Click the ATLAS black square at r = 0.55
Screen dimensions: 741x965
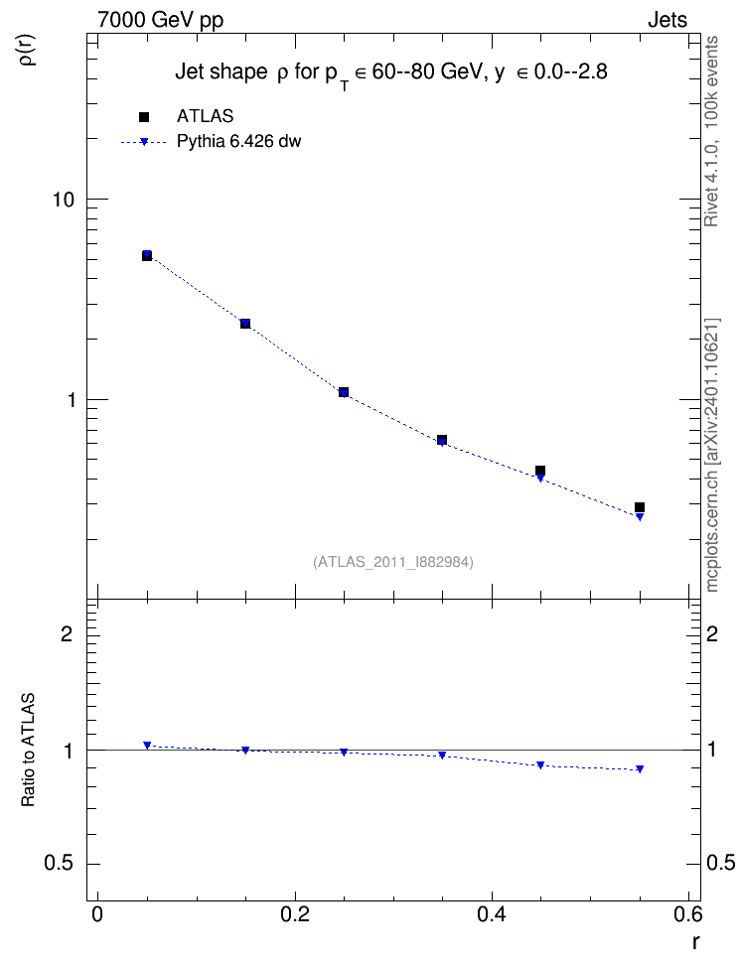[x=640, y=507]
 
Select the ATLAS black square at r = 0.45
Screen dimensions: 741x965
[x=540, y=471]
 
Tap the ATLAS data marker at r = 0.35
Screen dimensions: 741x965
[x=442, y=440]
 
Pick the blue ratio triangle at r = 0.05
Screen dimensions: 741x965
[x=147, y=746]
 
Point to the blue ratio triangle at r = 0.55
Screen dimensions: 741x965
[x=640, y=768]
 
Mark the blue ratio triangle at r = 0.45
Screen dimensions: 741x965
[x=540, y=765]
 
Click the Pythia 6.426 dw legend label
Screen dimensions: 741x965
[x=239, y=142]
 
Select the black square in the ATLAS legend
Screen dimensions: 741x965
[x=144, y=117]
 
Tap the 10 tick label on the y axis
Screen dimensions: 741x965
[x=63, y=200]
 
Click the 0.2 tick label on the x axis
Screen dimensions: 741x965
[x=294, y=914]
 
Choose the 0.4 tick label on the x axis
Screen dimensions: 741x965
[x=492, y=914]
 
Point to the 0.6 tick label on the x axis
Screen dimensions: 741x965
[x=688, y=914]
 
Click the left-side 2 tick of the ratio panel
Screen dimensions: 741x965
[x=67, y=633]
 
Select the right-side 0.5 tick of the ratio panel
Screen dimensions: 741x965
[x=721, y=863]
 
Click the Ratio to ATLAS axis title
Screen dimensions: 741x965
[x=28, y=750]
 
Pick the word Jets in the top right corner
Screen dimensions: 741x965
[x=667, y=20]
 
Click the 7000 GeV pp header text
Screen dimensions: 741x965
[x=160, y=20]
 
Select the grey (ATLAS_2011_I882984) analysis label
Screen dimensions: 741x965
[x=393, y=562]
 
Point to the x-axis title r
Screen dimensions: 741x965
[x=695, y=942]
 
